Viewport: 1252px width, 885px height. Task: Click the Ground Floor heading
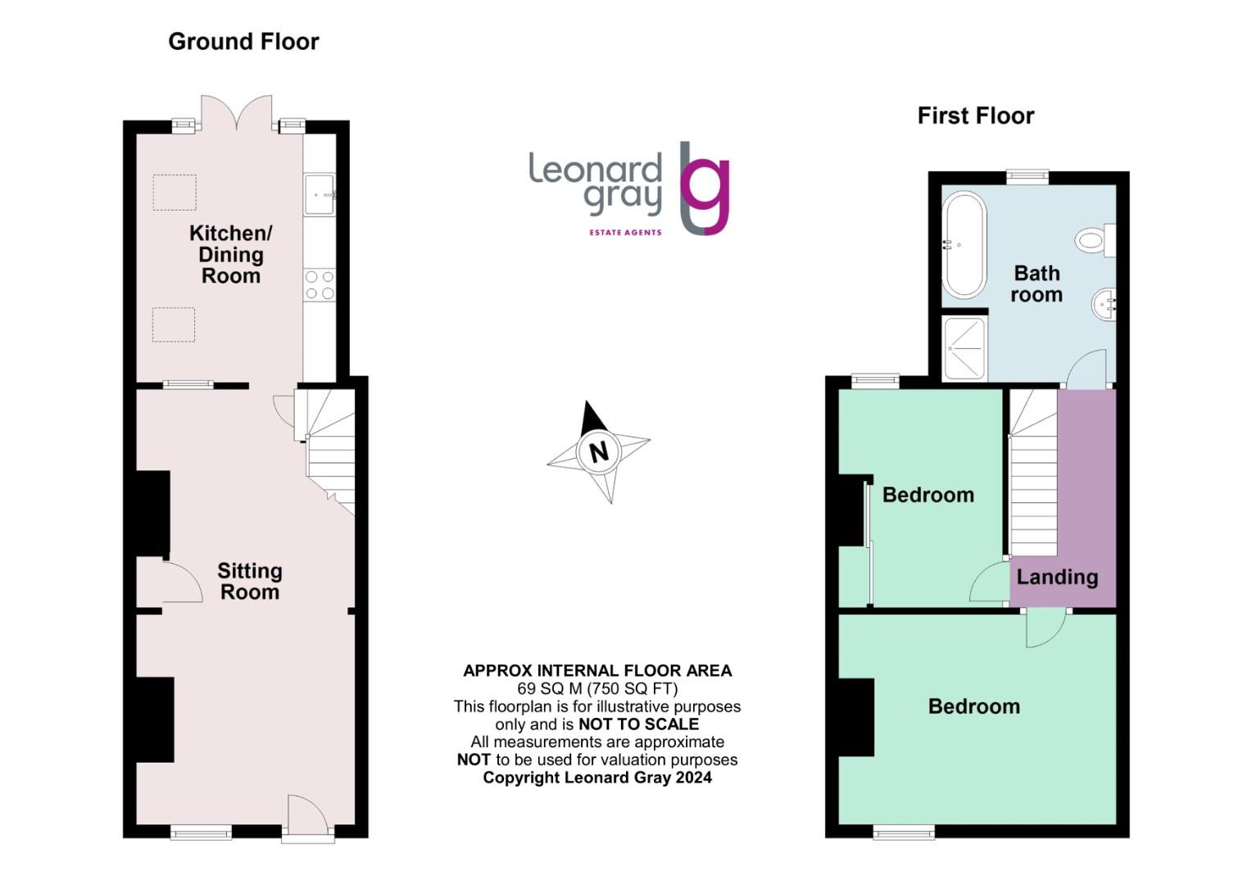coord(243,42)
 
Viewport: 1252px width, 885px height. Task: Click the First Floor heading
coord(975,116)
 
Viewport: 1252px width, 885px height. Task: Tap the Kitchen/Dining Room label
coord(230,254)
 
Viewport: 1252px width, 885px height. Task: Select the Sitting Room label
coord(250,581)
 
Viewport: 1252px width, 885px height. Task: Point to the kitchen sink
coord(319,194)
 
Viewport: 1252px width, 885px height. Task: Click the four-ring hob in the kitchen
coord(320,284)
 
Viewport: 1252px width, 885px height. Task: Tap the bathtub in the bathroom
coord(964,244)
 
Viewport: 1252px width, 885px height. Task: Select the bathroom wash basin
coord(1104,304)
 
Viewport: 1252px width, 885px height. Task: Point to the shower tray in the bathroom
coord(964,348)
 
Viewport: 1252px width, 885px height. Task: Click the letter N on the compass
coord(599,452)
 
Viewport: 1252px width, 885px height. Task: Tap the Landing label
coord(1057,577)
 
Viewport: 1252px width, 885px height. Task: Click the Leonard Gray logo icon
coord(704,188)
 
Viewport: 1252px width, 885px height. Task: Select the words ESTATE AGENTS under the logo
coord(625,233)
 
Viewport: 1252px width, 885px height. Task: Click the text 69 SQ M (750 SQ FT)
coord(597,688)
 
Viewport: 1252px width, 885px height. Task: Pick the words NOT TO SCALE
coord(638,724)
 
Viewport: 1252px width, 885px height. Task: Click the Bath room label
coord(1037,284)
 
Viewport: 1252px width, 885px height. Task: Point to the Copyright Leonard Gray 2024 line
coord(597,778)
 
